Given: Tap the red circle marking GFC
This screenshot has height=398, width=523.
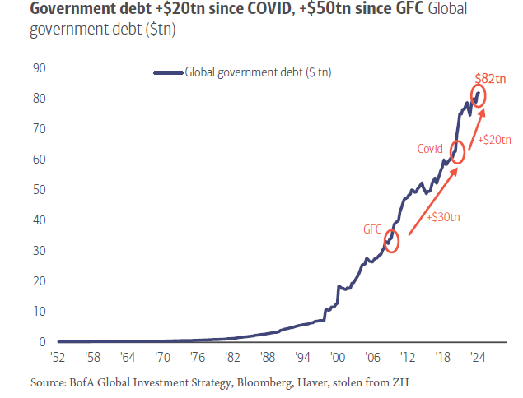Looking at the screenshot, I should pyautogui.click(x=391, y=241).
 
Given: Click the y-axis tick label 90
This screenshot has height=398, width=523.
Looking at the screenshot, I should pyautogui.click(x=38, y=68).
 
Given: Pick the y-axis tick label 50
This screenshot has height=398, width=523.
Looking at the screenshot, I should pyautogui.click(x=38, y=190).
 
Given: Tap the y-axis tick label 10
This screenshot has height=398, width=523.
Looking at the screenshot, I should pyautogui.click(x=38, y=312).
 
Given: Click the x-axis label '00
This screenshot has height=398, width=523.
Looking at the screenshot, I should pyautogui.click(x=336, y=358).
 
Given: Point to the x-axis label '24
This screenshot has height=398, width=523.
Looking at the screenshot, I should pyautogui.click(x=476, y=358).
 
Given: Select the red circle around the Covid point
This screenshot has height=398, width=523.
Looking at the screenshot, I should pyautogui.click(x=458, y=152).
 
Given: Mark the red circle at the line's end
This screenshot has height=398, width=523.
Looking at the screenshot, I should pyautogui.click(x=479, y=96).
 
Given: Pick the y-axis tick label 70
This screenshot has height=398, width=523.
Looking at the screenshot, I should pyautogui.click(x=38, y=129).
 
